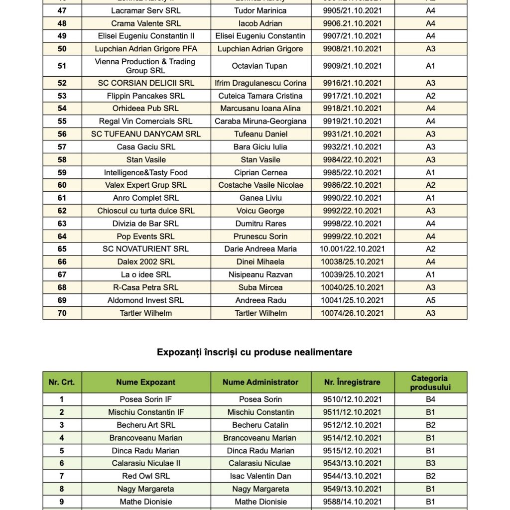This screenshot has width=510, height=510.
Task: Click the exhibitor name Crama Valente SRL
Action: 146,23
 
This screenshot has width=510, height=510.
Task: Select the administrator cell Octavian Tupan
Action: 260,66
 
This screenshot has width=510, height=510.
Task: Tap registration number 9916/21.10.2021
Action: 352,83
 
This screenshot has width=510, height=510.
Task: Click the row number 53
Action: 62,96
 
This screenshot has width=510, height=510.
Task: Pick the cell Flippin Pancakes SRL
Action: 146,96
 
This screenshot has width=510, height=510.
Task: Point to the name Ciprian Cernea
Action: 260,172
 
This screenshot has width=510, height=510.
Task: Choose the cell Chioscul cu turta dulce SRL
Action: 146,211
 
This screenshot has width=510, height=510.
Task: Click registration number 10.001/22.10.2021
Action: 352,249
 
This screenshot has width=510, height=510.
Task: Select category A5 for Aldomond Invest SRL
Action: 430,300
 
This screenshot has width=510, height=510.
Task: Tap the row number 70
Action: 62,313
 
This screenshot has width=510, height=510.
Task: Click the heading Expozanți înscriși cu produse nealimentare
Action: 255,352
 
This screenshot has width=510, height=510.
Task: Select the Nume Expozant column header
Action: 146,382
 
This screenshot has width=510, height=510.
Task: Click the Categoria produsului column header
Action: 430,382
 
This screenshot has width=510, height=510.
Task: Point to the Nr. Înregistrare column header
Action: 352,382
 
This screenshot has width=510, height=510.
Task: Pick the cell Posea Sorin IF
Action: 146,399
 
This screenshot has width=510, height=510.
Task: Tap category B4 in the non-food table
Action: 430,399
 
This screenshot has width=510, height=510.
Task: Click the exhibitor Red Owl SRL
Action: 146,476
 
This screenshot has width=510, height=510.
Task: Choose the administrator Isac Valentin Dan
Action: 260,476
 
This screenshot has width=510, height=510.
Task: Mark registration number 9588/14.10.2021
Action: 352,502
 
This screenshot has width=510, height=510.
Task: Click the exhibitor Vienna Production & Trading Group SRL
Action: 146,66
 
